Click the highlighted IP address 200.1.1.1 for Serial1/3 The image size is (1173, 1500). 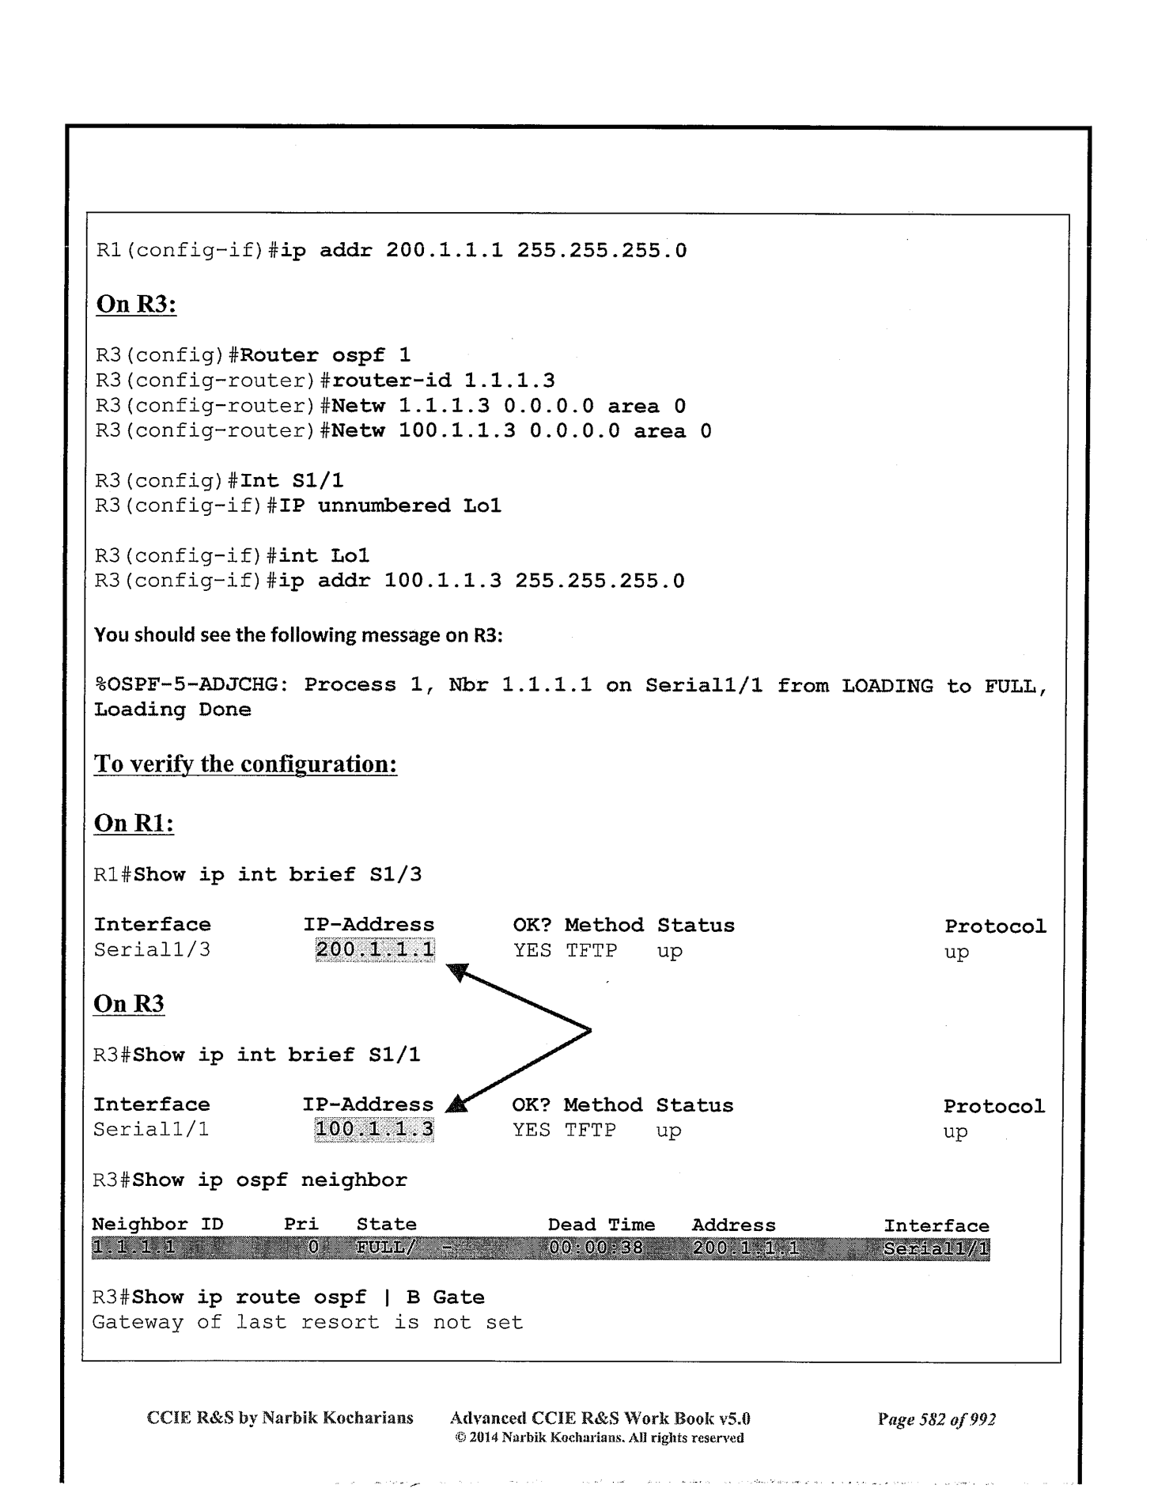click(x=375, y=949)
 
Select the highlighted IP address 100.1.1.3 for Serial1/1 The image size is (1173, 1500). click(x=374, y=1129)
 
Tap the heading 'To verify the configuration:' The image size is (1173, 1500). click(x=245, y=764)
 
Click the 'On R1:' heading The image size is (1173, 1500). click(x=134, y=824)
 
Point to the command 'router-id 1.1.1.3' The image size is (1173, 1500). click(x=444, y=381)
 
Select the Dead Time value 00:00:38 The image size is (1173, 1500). click(x=595, y=1250)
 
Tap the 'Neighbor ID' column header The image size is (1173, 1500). click(x=157, y=1225)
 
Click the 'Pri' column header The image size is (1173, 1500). click(x=301, y=1225)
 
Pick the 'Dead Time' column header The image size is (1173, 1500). click(x=601, y=1225)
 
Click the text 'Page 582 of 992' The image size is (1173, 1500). click(x=937, y=1419)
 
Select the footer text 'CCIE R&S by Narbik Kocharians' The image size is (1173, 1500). click(x=280, y=1418)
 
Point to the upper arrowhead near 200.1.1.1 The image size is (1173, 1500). click(x=458, y=971)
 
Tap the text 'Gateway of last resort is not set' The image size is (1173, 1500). click(x=308, y=1322)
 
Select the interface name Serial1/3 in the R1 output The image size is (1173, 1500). click(x=152, y=949)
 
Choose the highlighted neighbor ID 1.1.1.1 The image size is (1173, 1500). click(x=132, y=1250)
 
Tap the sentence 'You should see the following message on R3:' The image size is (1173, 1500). click(x=298, y=635)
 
